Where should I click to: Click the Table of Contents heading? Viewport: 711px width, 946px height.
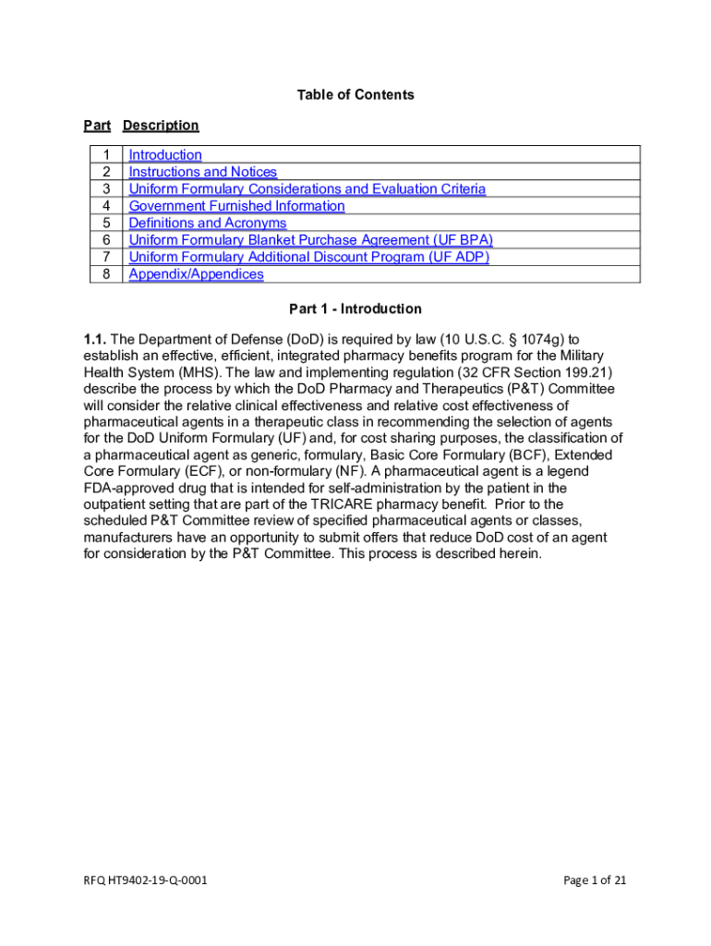355,95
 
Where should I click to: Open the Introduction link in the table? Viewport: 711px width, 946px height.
165,155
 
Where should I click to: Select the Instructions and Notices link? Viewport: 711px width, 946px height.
202,172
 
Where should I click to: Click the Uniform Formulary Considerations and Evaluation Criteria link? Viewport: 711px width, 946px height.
307,189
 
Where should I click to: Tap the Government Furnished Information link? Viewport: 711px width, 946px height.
236,206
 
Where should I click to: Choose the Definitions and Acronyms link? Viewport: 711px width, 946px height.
207,224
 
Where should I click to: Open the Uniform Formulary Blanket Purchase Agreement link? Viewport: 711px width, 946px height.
310,240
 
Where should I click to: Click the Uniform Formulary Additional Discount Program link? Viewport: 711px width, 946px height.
308,257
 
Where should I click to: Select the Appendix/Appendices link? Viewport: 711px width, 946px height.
196,274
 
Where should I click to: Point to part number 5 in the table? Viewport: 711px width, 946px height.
107,224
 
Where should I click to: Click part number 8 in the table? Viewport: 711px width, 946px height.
107,274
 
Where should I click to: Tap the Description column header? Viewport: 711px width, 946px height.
161,126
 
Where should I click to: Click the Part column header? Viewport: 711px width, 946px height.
97,126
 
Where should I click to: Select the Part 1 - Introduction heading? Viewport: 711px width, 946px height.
355,309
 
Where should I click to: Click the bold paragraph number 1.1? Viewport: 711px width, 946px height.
95,339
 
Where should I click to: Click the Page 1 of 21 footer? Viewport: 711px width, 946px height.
595,880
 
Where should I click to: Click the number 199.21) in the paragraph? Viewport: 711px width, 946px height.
587,372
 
